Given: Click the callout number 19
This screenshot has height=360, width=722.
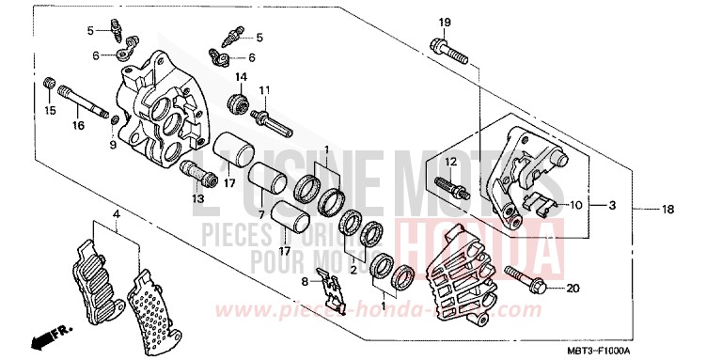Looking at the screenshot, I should (x=445, y=22).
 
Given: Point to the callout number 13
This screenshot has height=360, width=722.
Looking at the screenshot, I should (x=198, y=198).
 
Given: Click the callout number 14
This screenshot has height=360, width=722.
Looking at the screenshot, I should (x=241, y=77).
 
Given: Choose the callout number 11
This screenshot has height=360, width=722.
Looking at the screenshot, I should (x=265, y=90).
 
